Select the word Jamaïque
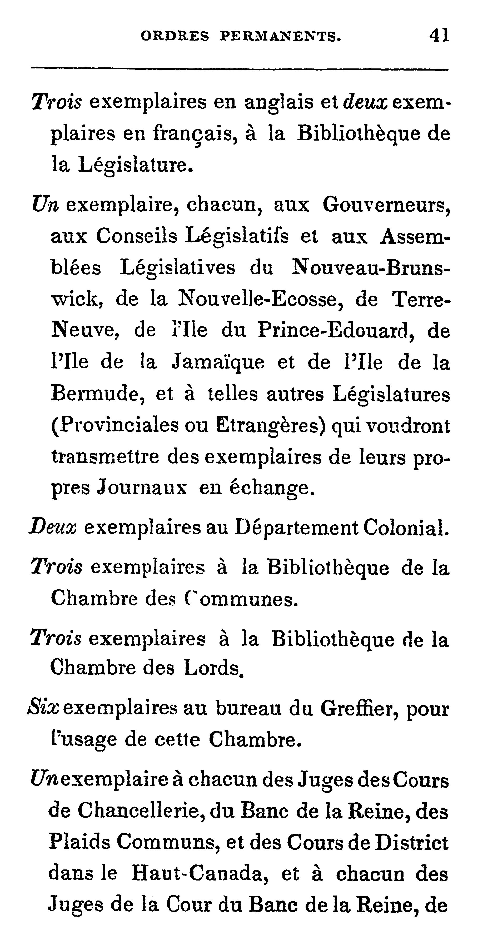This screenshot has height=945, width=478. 218,362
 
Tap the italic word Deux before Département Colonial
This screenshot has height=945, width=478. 53,528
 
